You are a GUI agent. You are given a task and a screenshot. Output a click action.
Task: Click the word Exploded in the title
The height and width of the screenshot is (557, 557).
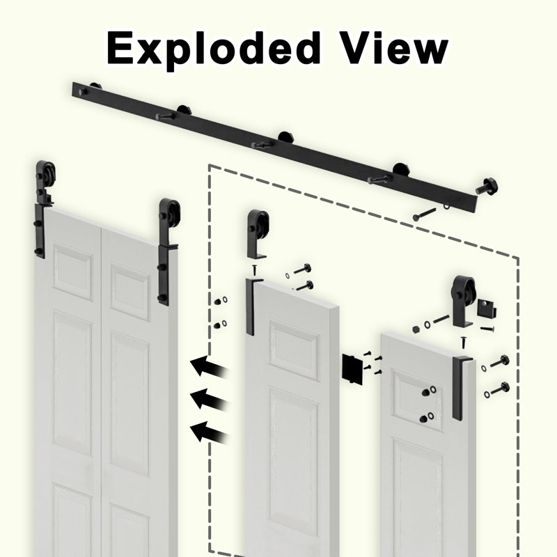coord(214,49)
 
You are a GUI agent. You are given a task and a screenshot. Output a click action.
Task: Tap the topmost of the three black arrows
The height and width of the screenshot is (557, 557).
coord(209,367)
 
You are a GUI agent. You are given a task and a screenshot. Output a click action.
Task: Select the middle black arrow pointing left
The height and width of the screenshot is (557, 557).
coord(209,400)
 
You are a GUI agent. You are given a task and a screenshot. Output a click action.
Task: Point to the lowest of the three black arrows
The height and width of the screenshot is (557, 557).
coord(209,432)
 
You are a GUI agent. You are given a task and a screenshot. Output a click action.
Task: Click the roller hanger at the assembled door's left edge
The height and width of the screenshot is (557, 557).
coord(44,209)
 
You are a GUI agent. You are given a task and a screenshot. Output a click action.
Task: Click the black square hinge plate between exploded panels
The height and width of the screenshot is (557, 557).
coord(352,368)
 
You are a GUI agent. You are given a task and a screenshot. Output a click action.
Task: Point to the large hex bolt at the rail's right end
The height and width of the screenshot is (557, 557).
coord(487,187)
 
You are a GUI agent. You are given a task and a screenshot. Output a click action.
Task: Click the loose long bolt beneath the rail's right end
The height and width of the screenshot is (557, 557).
coord(424,214)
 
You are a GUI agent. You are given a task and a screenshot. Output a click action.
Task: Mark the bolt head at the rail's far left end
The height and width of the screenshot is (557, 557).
coord(83,92)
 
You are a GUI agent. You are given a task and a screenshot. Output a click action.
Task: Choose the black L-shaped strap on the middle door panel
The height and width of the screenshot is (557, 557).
coord(251,306)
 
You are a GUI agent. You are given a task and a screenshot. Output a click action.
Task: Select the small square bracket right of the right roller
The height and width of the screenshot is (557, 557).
coord(486,308)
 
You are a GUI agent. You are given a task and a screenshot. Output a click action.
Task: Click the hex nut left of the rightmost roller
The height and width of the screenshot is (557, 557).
coord(416,329)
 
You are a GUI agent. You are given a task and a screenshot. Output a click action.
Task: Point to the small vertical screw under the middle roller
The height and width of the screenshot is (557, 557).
coord(254,270)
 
